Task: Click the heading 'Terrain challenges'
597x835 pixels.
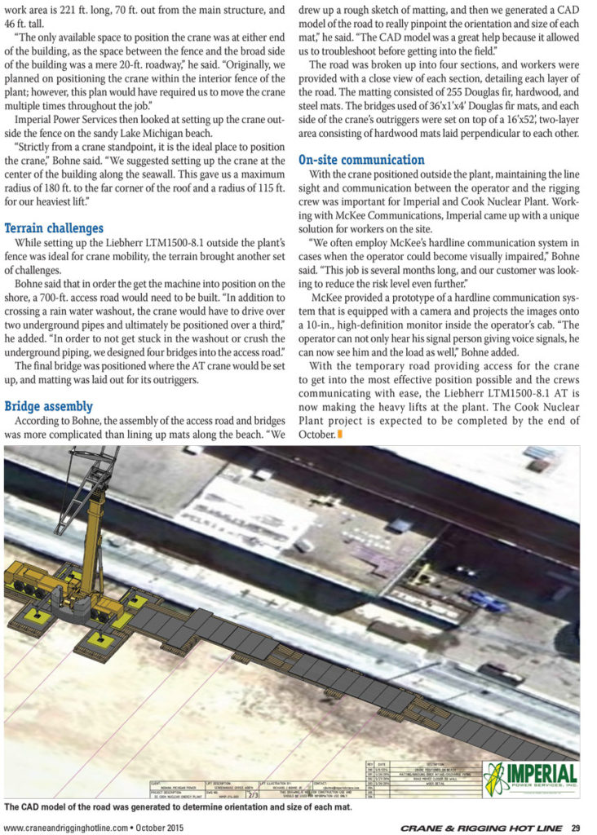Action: (54, 228)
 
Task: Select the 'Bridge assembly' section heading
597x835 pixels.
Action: (49, 406)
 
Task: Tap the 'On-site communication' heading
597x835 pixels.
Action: (361, 160)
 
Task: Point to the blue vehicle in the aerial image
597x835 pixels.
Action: (485, 601)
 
